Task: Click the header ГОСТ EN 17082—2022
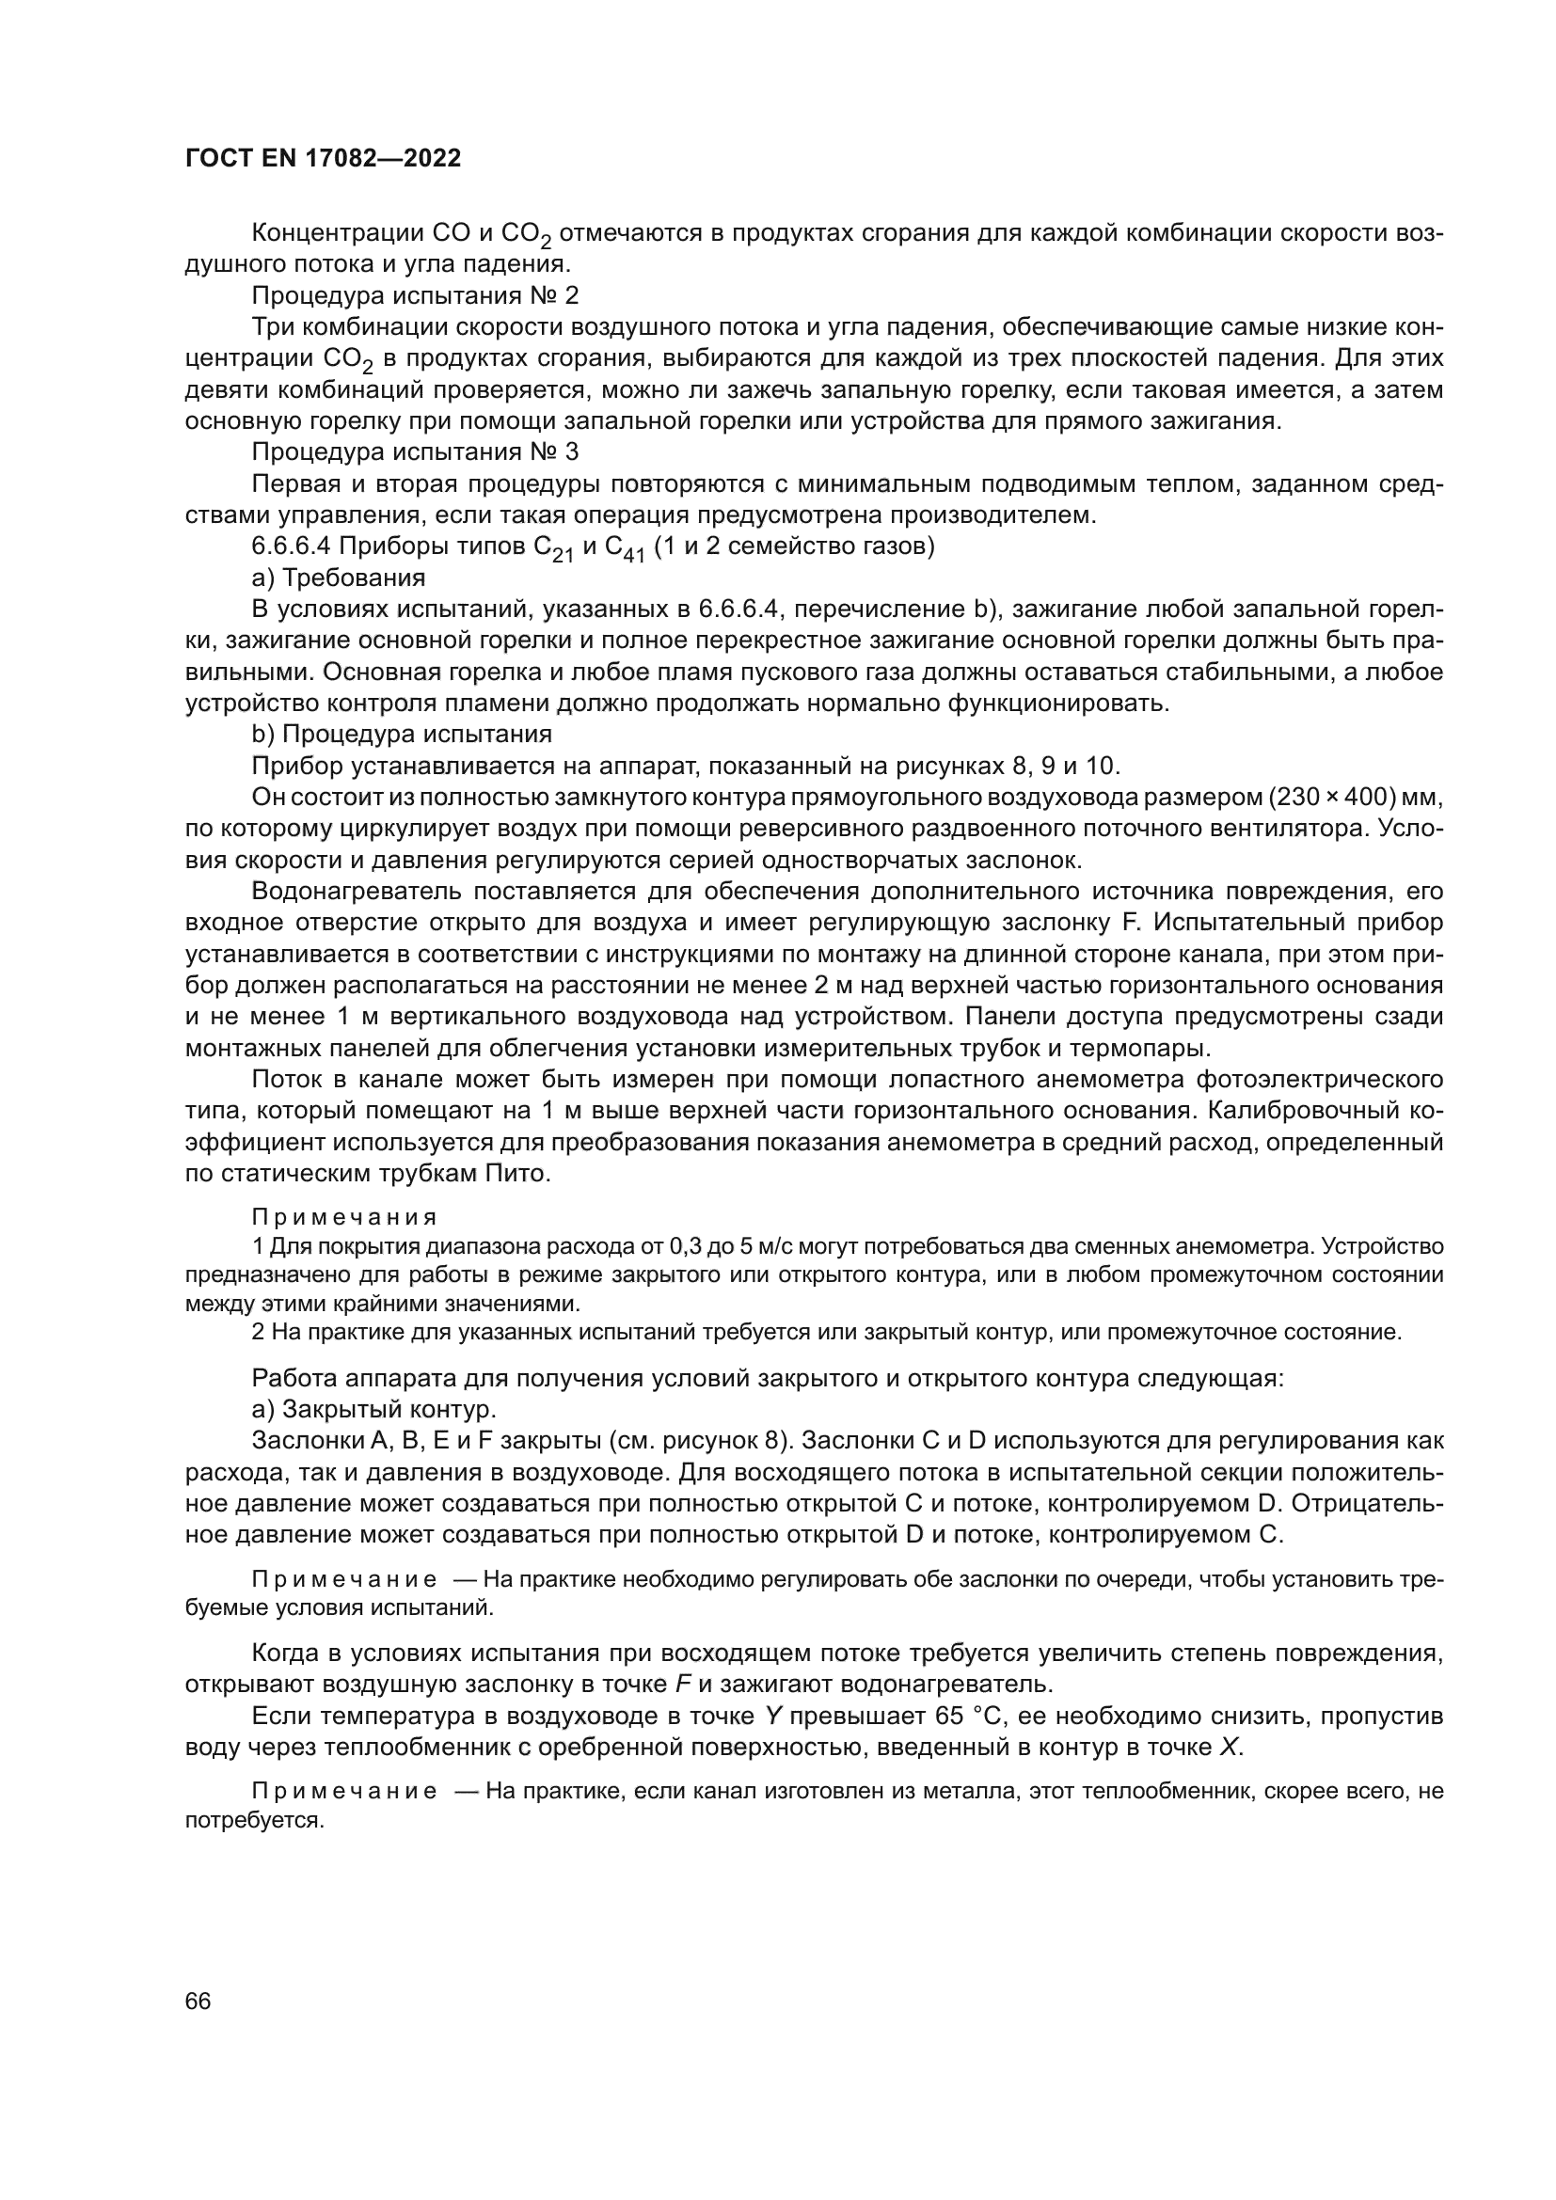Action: [322, 158]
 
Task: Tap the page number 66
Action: [198, 2002]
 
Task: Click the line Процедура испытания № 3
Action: [415, 452]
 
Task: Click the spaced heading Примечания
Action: [344, 1217]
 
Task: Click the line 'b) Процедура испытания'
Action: [402, 734]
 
